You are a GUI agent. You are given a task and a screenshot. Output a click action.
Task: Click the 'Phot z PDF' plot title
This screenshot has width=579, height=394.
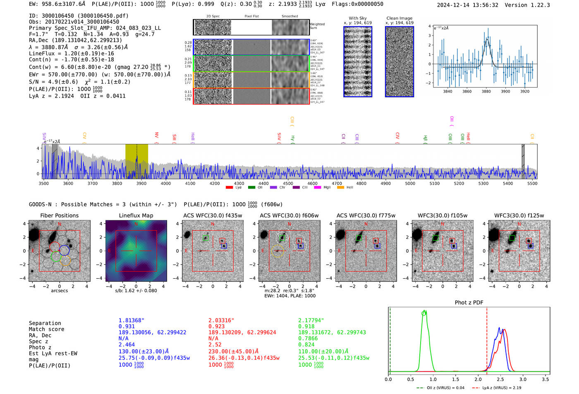pyautogui.click(x=469, y=303)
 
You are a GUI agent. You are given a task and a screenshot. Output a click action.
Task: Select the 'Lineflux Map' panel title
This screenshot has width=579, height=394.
pyautogui.click(x=136, y=215)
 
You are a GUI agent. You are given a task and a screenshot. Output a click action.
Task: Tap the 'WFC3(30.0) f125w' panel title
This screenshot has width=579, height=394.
pyautogui.click(x=519, y=215)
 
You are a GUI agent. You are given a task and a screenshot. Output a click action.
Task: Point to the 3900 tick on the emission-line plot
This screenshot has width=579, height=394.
pyautogui.click(x=505, y=91)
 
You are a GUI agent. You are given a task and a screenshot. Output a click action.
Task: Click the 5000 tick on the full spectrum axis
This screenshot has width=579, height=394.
pyautogui.click(x=410, y=184)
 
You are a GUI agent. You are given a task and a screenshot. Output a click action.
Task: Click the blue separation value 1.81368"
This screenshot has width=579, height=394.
pyautogui.click(x=132, y=320)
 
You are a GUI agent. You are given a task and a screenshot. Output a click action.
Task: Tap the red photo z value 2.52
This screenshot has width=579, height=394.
pyautogui.click(x=215, y=344)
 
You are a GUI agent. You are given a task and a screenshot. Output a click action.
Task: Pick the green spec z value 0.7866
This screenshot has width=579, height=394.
pyautogui.click(x=308, y=338)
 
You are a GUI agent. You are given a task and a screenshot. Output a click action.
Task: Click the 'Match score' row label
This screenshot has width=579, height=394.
pyautogui.click(x=47, y=329)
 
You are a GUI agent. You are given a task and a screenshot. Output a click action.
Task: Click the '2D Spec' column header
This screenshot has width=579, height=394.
pyautogui.click(x=213, y=17)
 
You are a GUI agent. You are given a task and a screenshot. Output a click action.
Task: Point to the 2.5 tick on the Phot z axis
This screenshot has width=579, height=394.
pyautogui.click(x=500, y=379)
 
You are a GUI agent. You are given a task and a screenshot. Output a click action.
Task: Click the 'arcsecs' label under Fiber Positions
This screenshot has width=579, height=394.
pyautogui.click(x=60, y=291)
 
